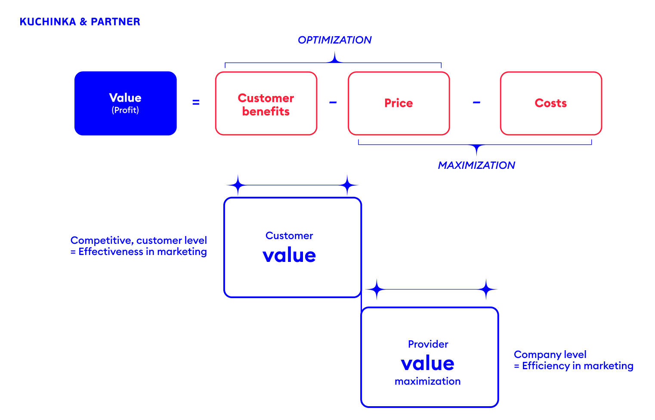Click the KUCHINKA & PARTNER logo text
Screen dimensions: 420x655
point(80,22)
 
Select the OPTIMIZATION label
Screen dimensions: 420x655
point(334,40)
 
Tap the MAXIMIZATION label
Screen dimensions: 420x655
point(476,165)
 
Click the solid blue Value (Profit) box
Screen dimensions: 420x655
point(125,103)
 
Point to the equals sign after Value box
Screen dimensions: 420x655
point(196,103)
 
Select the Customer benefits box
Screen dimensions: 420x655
point(266,104)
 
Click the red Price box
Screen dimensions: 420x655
point(399,103)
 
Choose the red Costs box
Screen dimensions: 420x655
point(550,103)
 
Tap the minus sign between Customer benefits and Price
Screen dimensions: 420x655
point(333,103)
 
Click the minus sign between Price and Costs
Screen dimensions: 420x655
point(476,103)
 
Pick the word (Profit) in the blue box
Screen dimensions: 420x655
point(125,110)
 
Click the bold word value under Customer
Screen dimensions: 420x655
point(289,255)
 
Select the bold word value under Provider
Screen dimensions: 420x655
point(427,364)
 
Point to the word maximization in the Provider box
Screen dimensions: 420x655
point(427,381)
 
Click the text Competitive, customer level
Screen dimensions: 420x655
point(139,240)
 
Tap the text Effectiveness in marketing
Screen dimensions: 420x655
point(142,252)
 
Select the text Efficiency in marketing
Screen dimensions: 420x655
point(578,366)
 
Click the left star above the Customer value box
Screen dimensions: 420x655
point(238,185)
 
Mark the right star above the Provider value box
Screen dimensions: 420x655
point(486,289)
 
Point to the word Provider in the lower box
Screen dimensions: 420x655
point(428,344)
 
